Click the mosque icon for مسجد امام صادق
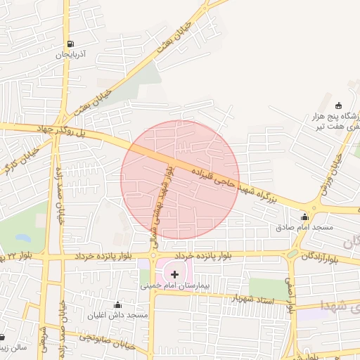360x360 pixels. [x=304, y=217]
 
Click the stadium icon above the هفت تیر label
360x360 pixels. [x=339, y=104]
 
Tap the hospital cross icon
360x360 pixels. [x=174, y=274]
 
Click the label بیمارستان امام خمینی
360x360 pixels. [x=175, y=288]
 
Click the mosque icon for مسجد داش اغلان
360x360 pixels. [x=117, y=304]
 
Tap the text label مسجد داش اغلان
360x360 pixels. [x=117, y=315]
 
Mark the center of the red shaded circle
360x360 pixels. [x=180, y=180]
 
